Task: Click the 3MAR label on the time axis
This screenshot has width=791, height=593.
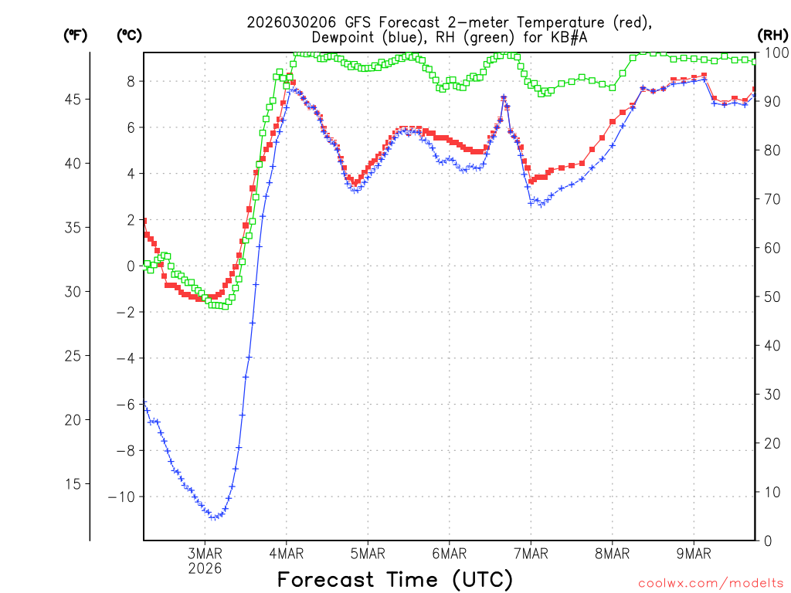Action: coord(205,553)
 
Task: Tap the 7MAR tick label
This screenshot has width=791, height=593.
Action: coord(531,553)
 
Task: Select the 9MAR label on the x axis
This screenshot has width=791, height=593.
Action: coord(694,553)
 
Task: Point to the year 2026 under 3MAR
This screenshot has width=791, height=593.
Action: coord(205,568)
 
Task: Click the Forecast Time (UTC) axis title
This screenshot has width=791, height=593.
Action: coord(395,579)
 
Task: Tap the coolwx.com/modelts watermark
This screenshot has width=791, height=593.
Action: coord(710,581)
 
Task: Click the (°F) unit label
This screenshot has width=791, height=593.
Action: coord(75,35)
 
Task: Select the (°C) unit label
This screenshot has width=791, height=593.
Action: coord(129,35)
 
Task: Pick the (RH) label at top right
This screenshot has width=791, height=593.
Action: coord(772,35)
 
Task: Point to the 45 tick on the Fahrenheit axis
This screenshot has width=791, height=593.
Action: coord(73,100)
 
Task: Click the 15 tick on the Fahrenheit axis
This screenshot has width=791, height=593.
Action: coord(73,484)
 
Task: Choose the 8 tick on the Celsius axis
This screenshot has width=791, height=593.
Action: coord(131,81)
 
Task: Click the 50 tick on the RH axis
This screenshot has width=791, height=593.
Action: coord(769,296)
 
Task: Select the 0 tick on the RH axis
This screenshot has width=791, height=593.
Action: coord(766,540)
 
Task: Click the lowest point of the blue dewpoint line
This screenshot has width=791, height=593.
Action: coord(214,517)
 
